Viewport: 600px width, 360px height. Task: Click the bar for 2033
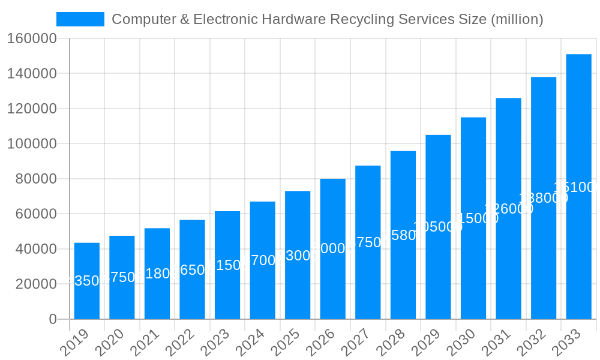click(x=578, y=187)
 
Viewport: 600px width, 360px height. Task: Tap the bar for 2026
click(x=332, y=248)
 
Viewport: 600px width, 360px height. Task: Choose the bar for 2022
click(x=192, y=269)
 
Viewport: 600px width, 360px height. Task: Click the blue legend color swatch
click(x=80, y=19)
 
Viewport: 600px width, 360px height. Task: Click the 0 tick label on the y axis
click(x=53, y=319)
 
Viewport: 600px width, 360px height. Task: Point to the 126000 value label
click(x=508, y=209)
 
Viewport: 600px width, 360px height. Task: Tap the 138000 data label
click(x=543, y=198)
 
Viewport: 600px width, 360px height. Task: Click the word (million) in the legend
click(x=517, y=19)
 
